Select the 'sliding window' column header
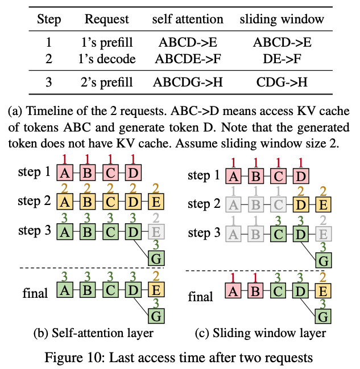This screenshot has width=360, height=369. click(282, 19)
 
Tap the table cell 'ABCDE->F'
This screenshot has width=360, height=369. click(188, 59)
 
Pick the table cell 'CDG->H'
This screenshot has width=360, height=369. click(282, 82)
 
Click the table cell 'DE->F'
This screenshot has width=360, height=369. click(282, 59)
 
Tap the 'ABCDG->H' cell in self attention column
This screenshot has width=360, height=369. click(188, 82)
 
